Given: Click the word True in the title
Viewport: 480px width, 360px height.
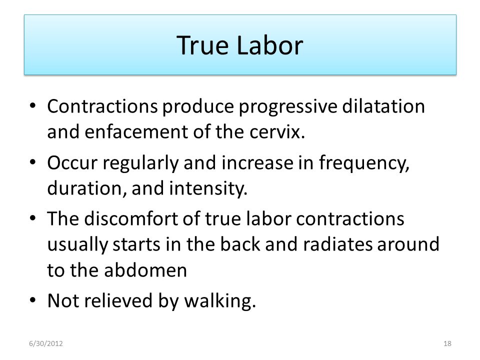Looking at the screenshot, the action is [202, 45].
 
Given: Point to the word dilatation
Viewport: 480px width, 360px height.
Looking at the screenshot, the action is [383, 106].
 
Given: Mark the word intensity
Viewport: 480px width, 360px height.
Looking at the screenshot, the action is [208, 189].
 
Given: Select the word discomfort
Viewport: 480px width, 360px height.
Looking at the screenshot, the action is [142, 218].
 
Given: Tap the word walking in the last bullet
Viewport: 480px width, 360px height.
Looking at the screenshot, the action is [220, 301].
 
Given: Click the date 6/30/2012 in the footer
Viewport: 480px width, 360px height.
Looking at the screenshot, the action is [46, 343].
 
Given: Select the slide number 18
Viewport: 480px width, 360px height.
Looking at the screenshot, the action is [447, 343].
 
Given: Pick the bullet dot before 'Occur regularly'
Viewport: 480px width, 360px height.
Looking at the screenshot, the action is [33, 162].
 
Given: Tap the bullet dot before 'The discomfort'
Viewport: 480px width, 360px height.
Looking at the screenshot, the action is [33, 218].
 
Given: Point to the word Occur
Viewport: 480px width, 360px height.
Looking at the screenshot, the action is [72, 162].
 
